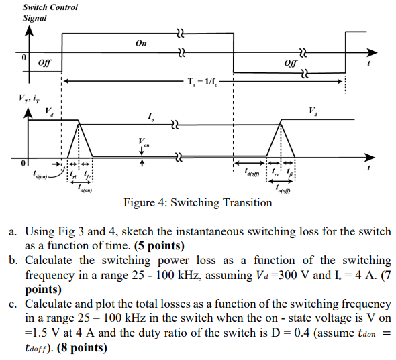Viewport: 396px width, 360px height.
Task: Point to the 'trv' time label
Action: (x=276, y=176)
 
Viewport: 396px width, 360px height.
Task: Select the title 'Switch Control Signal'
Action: (x=50, y=12)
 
